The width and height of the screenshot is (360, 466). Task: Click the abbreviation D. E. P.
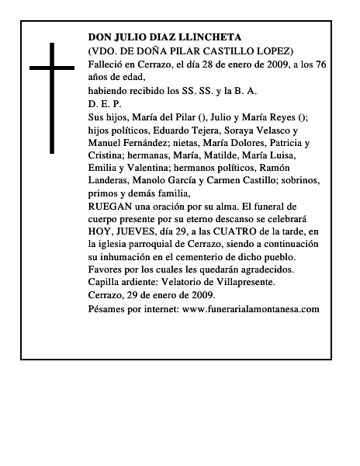coord(105,103)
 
